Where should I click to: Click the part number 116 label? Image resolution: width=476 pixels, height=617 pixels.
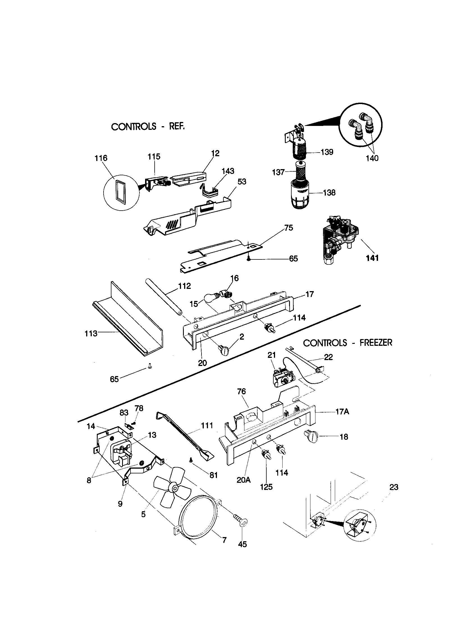(101, 158)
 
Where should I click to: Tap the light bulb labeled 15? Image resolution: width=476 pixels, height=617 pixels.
(211, 298)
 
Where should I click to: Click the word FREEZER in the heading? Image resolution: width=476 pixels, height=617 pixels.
(376, 343)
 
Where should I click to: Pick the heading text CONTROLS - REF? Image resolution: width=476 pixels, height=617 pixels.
(148, 126)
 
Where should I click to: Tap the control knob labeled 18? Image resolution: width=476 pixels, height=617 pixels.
(311, 437)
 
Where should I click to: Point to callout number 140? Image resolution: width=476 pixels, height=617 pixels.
(372, 158)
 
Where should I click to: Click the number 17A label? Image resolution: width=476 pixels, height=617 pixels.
(342, 412)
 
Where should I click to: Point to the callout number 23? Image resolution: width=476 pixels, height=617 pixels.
(394, 487)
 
